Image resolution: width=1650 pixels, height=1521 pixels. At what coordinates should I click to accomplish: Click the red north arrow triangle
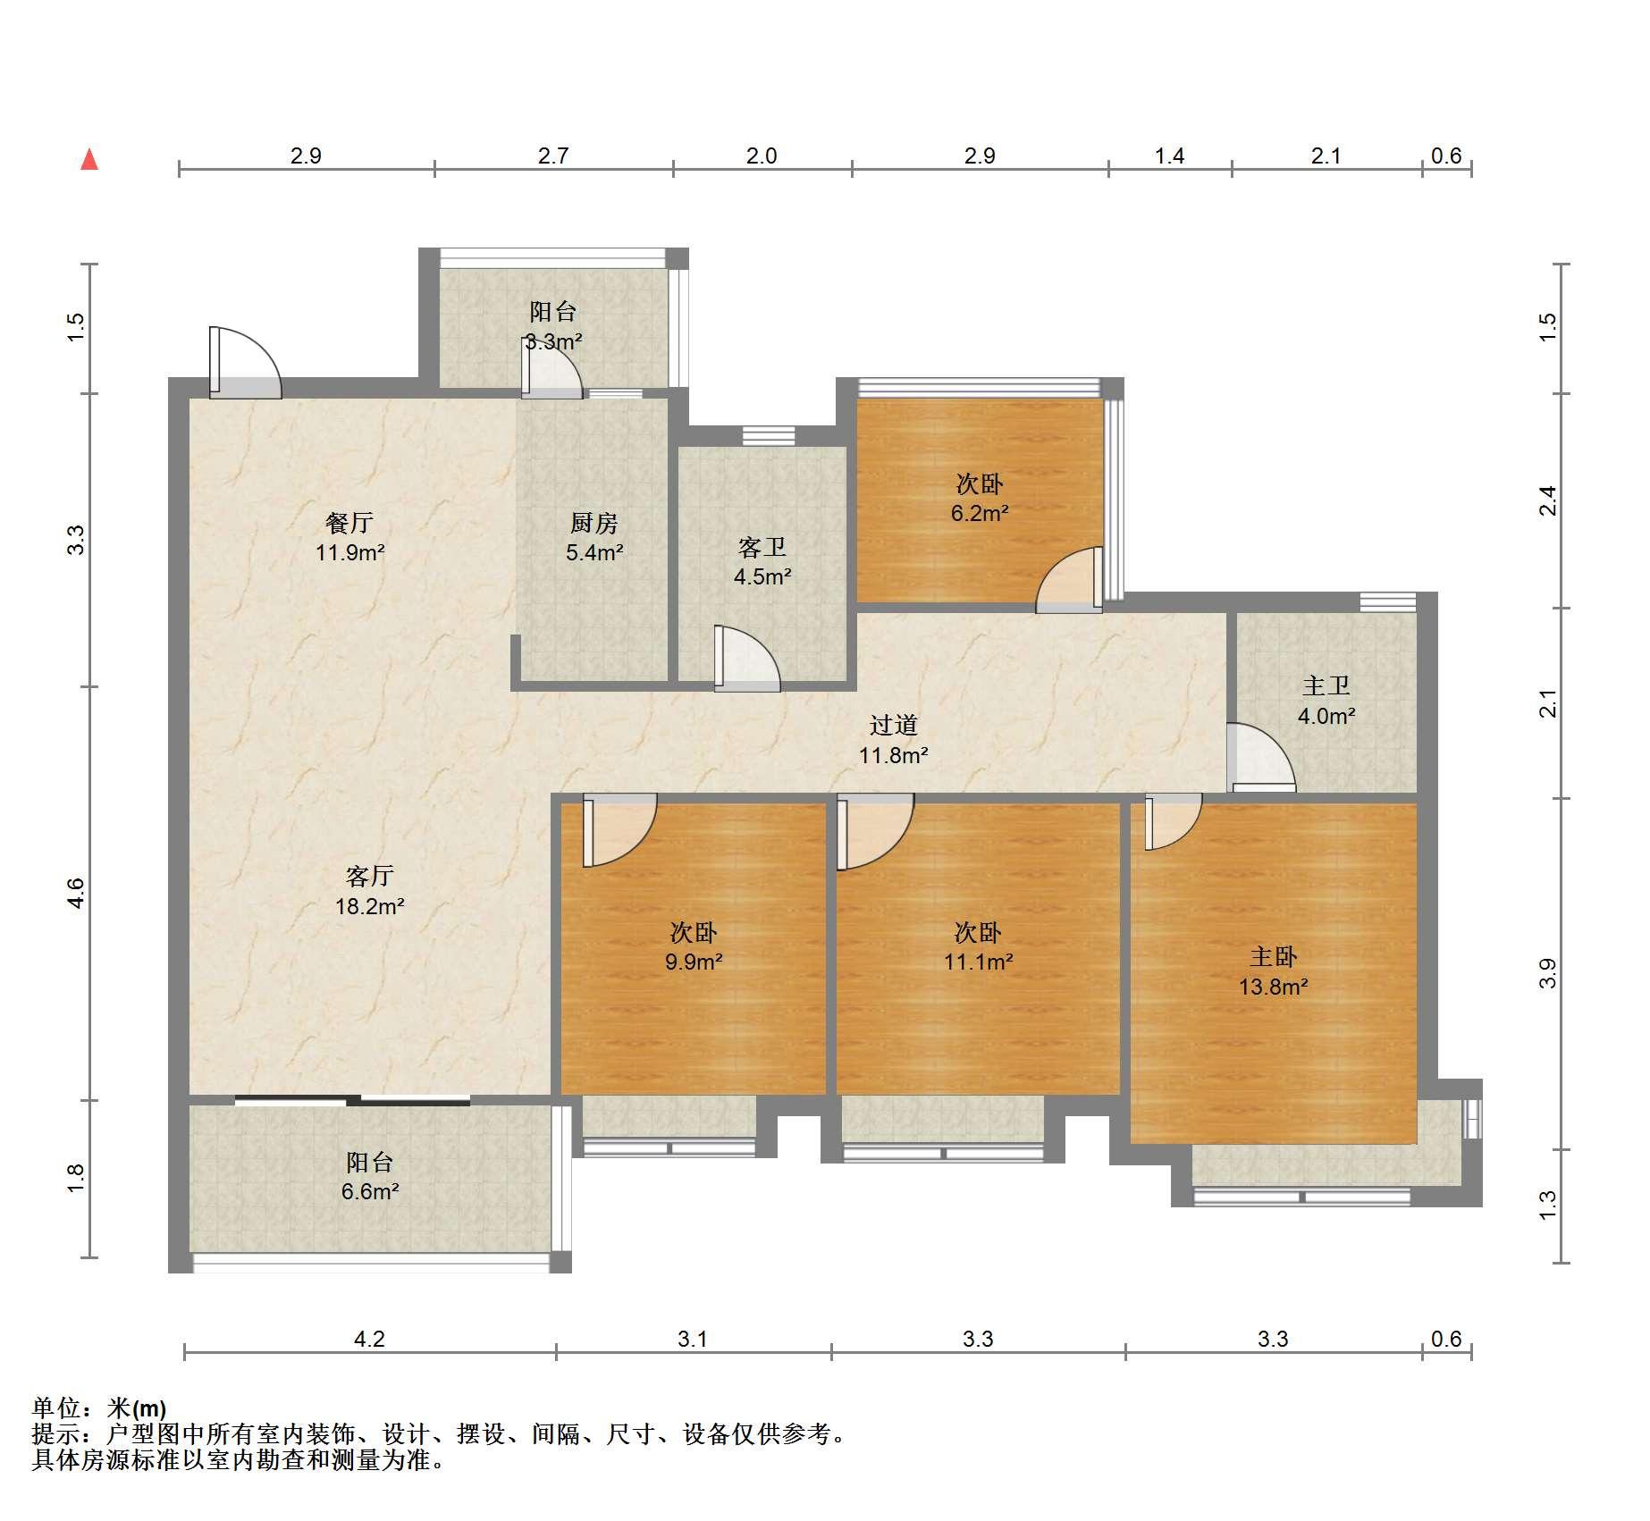(x=89, y=160)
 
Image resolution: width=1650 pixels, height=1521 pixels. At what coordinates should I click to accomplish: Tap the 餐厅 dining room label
(x=349, y=523)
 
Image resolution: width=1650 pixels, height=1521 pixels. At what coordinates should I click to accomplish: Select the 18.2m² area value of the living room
(x=370, y=906)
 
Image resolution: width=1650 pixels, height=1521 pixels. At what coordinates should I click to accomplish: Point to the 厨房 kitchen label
(x=594, y=523)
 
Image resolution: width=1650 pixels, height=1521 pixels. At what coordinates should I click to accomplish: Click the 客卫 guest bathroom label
(x=762, y=547)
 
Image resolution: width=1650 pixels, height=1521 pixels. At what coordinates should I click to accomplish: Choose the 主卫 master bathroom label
(x=1326, y=686)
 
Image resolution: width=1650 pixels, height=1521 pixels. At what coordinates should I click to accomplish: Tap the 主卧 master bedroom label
(x=1274, y=957)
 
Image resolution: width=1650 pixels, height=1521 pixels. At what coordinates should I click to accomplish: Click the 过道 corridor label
(x=894, y=726)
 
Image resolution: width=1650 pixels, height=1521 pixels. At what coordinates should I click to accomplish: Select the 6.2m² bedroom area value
(x=980, y=513)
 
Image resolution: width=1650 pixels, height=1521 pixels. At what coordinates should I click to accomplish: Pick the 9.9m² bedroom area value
(x=694, y=962)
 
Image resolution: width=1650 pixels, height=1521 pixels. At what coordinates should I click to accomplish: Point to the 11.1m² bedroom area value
(x=979, y=962)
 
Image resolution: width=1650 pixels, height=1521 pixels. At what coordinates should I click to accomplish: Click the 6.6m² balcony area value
(x=370, y=1191)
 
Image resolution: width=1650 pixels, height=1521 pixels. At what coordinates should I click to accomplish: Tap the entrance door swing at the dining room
(x=246, y=363)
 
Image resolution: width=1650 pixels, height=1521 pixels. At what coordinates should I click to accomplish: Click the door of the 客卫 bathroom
(x=747, y=659)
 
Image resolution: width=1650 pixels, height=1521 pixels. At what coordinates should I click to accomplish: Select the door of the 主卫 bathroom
(x=1260, y=757)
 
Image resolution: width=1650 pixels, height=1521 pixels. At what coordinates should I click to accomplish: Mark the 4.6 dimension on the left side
(x=76, y=894)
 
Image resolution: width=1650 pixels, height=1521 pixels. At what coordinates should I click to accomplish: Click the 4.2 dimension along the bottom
(x=369, y=1339)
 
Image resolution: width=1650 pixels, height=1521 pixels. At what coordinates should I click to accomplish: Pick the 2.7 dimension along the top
(x=553, y=155)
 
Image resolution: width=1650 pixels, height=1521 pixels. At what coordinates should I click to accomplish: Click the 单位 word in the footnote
(x=56, y=1408)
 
